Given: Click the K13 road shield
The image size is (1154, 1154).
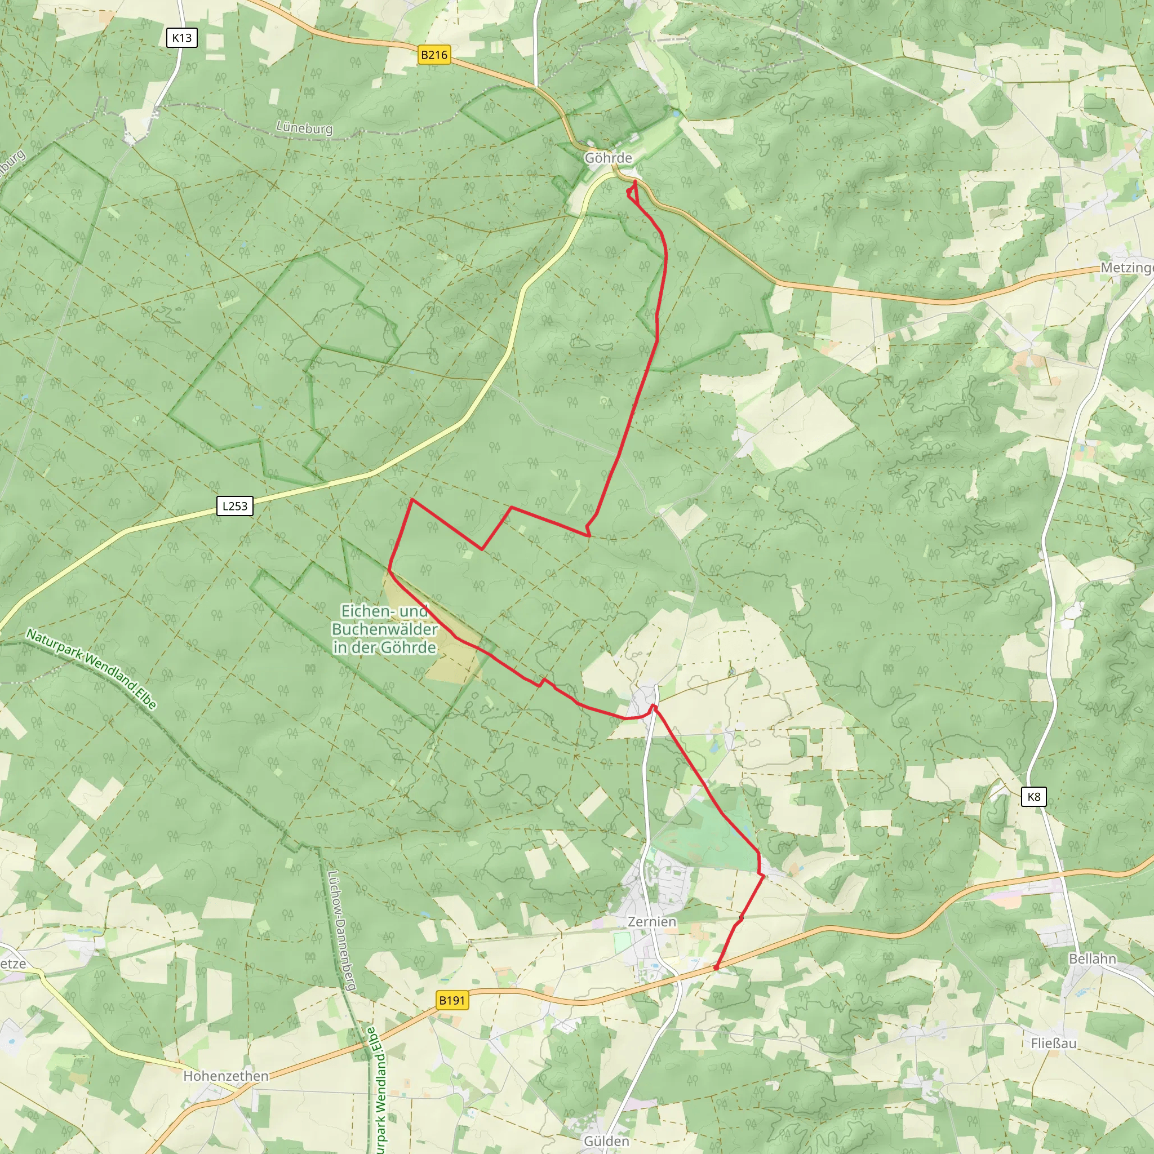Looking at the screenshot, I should pos(181,38).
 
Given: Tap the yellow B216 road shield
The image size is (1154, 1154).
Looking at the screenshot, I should pos(434,55).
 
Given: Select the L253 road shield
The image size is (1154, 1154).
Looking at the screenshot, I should pos(234,506).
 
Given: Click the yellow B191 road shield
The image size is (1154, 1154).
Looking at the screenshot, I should pos(451,1000).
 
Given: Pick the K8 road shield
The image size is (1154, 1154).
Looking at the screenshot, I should pos(1033,796).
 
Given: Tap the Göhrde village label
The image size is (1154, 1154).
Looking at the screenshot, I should pos(607,158).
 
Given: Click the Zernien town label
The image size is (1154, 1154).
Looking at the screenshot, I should pos(652,922).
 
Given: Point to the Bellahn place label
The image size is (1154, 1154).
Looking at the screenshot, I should pos(1092,958).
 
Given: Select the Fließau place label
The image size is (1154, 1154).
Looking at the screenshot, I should pos(1053,1044).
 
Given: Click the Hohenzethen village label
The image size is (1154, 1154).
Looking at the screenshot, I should pos(226,1076).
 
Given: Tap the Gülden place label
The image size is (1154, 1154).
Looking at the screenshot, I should pos(606,1142).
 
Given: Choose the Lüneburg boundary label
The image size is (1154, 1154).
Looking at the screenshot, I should pos(304,127).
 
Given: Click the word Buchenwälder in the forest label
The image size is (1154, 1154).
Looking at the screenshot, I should pos(384,629).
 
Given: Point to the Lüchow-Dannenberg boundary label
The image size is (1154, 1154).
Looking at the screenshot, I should pos(341,931).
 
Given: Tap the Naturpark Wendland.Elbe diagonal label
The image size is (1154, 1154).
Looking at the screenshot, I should pos(91,669).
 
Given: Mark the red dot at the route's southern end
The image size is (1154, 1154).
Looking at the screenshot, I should pos(716,967).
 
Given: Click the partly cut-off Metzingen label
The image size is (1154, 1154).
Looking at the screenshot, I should pos(1126,268).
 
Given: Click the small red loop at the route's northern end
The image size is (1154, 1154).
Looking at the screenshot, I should pos(631,191).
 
